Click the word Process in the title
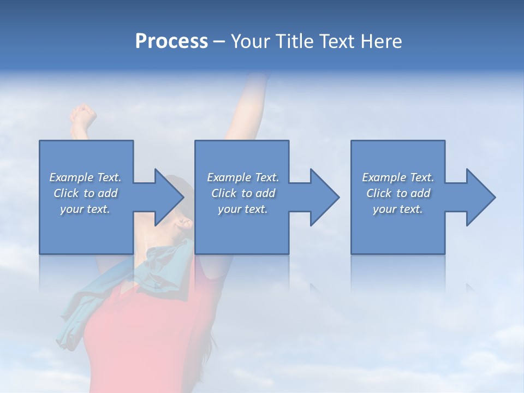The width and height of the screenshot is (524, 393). point(171,41)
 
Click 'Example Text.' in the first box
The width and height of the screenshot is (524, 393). point(85,177)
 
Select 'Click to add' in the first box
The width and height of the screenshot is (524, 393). point(85,193)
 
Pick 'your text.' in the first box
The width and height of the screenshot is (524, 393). point(85,209)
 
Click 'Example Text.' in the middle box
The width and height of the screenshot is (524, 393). point(243,177)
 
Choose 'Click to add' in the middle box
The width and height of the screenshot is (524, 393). point(243,193)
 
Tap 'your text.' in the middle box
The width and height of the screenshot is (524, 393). point(243,209)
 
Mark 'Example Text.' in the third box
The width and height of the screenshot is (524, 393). point(398,177)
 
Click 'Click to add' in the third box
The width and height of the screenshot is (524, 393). point(398,193)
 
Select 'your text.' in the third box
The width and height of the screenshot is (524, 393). point(398,209)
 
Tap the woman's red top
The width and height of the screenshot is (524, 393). point(142,338)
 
